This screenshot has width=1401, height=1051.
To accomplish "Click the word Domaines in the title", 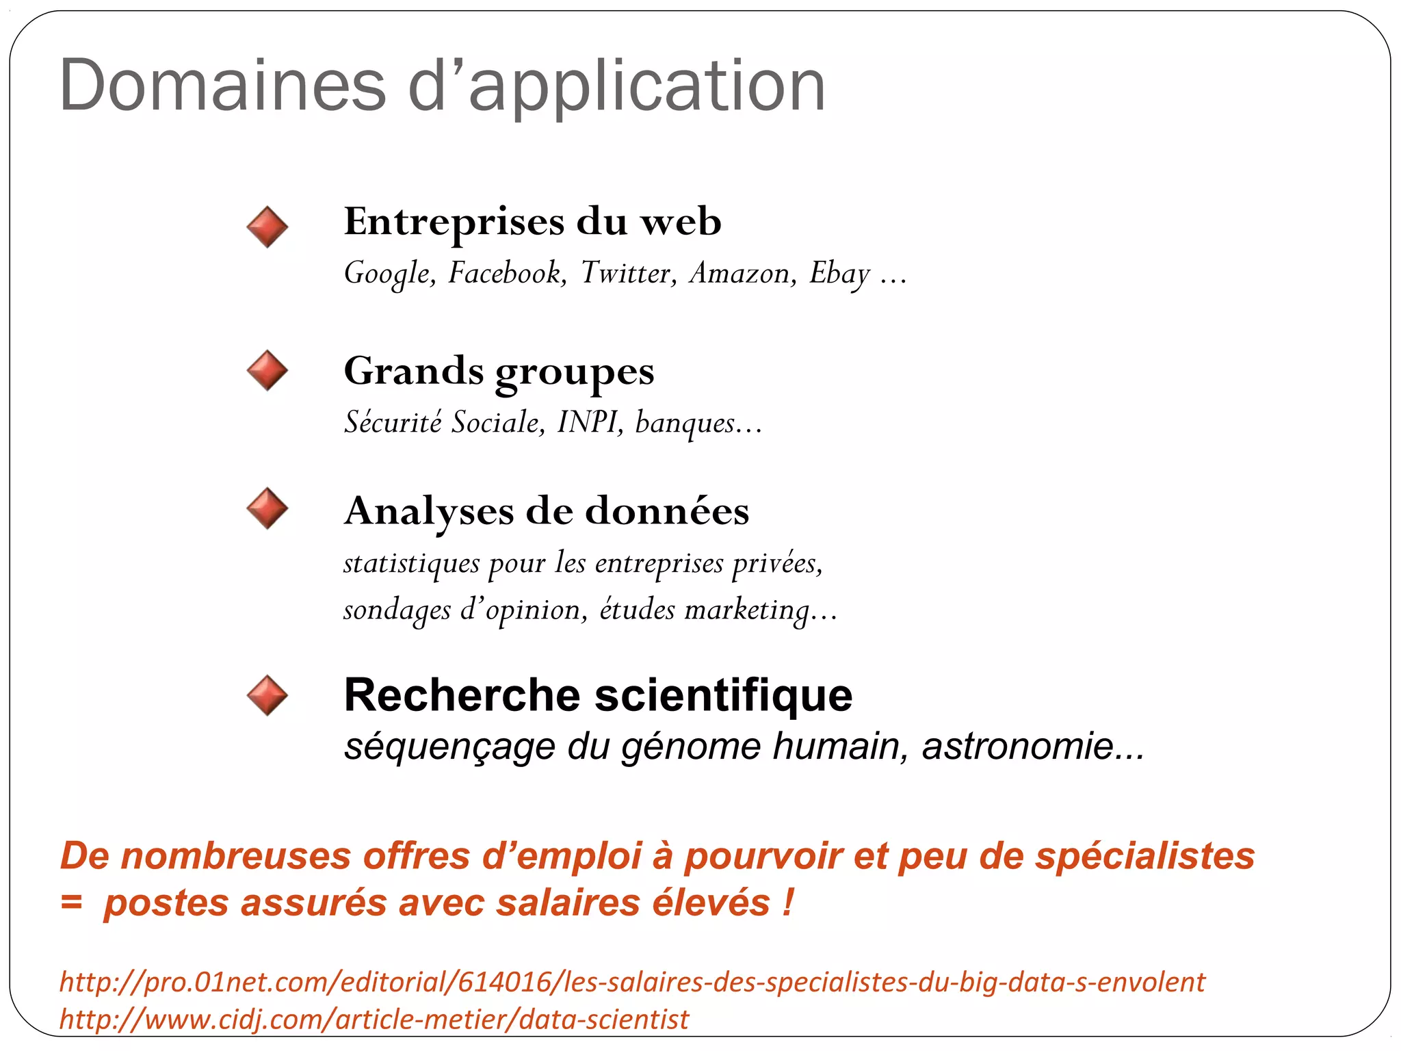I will [x=223, y=86].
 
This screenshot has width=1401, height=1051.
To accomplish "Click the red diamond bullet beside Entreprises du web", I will [x=267, y=227].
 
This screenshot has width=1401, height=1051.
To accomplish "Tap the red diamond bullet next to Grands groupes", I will [x=267, y=371].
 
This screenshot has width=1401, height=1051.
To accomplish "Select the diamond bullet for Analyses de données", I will [x=267, y=508].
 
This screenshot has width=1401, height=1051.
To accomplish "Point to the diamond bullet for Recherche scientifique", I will [x=267, y=696].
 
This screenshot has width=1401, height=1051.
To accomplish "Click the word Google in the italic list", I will [x=389, y=274].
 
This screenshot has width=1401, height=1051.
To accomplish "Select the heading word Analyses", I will [x=429, y=511].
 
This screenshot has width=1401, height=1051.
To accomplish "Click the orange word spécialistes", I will [x=1144, y=857].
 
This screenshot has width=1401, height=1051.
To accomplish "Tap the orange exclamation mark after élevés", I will [x=789, y=903].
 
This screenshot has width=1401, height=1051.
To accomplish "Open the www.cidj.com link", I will [x=374, y=1020].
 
